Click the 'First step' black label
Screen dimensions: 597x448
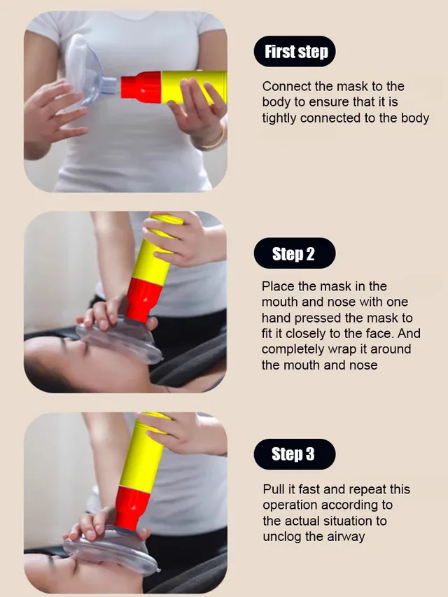click(x=295, y=52)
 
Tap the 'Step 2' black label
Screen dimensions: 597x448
click(x=293, y=253)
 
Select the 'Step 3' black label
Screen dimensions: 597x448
click(x=293, y=454)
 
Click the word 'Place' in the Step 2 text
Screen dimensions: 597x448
click(x=277, y=286)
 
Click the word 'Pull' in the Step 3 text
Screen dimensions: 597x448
click(x=274, y=489)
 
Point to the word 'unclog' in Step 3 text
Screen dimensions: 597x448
click(x=283, y=536)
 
